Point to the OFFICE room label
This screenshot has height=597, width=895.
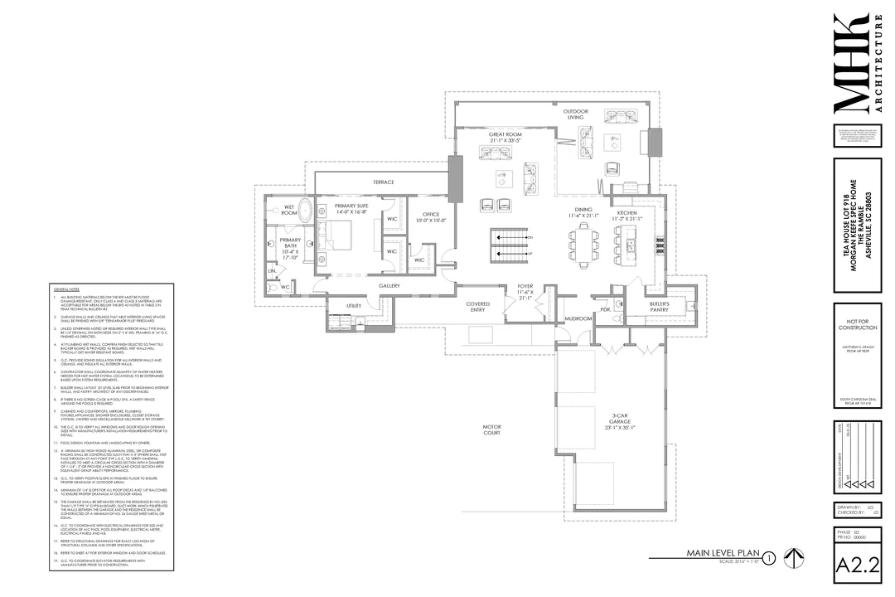point(431,217)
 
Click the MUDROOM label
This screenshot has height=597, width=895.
point(578,318)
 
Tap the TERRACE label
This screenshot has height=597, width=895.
point(383,182)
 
